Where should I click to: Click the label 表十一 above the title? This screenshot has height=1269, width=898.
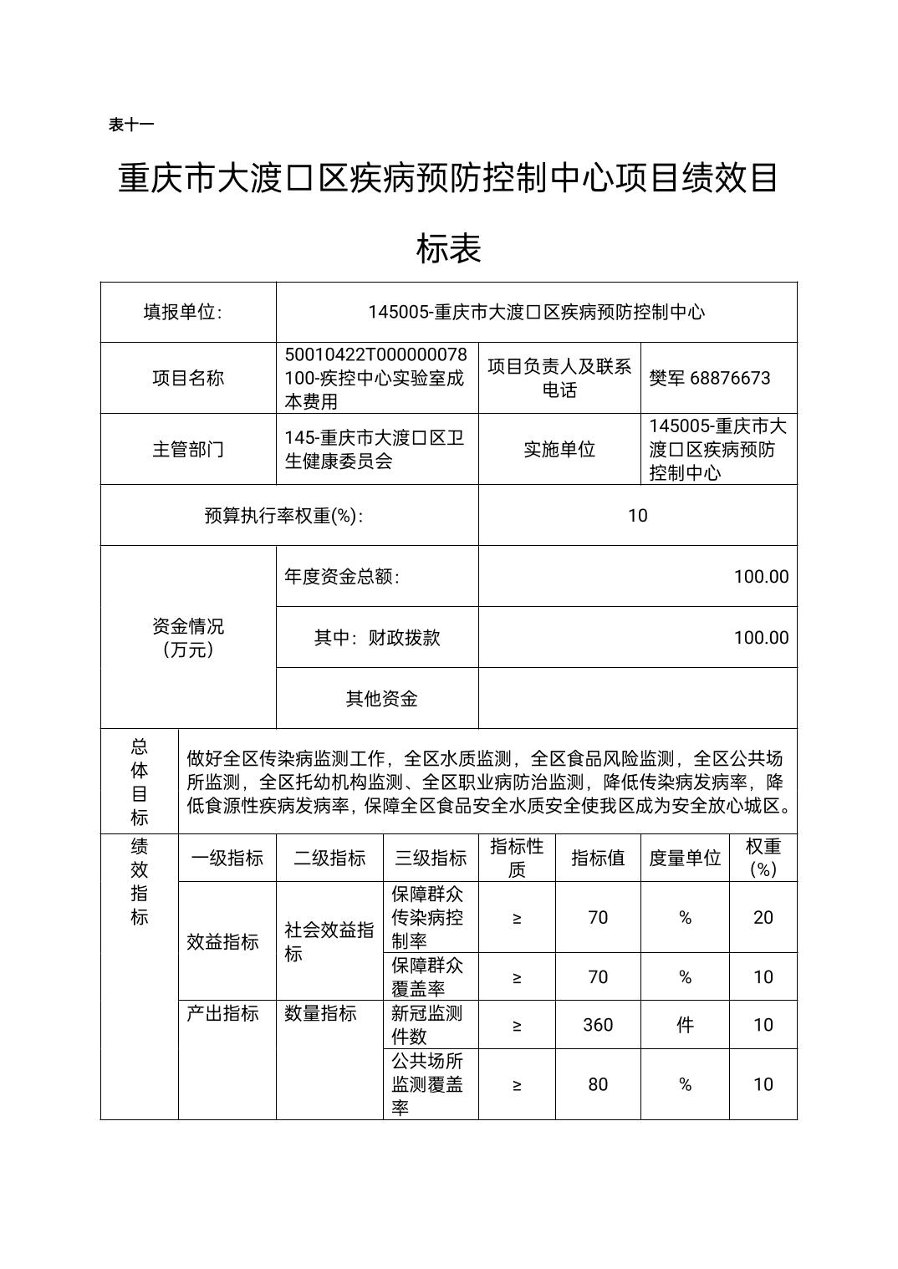point(131,125)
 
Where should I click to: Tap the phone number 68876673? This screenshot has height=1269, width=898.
point(730,378)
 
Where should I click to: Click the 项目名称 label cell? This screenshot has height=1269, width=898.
point(188,378)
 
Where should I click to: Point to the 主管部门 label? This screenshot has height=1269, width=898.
point(188,449)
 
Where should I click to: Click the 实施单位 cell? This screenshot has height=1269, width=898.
point(559,449)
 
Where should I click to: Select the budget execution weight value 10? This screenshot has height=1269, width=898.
point(637,515)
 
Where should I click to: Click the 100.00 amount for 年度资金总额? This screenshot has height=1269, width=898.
point(761,577)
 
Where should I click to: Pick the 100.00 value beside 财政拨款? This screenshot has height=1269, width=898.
point(761,638)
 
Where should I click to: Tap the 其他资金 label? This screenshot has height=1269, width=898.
point(381,699)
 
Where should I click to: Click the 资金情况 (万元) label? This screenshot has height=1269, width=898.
point(188,638)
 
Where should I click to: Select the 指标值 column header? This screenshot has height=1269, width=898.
point(598,858)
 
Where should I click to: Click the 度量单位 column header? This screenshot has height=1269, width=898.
point(685,858)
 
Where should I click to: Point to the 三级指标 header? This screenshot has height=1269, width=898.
point(431,858)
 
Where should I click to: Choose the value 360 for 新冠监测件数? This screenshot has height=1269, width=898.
point(598,1025)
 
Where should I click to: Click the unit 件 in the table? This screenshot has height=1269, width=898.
point(685,1025)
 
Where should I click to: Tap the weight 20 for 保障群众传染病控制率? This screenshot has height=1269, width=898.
point(763,917)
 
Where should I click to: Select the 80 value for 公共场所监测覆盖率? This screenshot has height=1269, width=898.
point(598,1084)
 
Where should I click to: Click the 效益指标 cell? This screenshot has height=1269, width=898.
point(223,941)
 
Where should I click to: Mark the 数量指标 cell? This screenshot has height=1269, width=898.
point(320,1013)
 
